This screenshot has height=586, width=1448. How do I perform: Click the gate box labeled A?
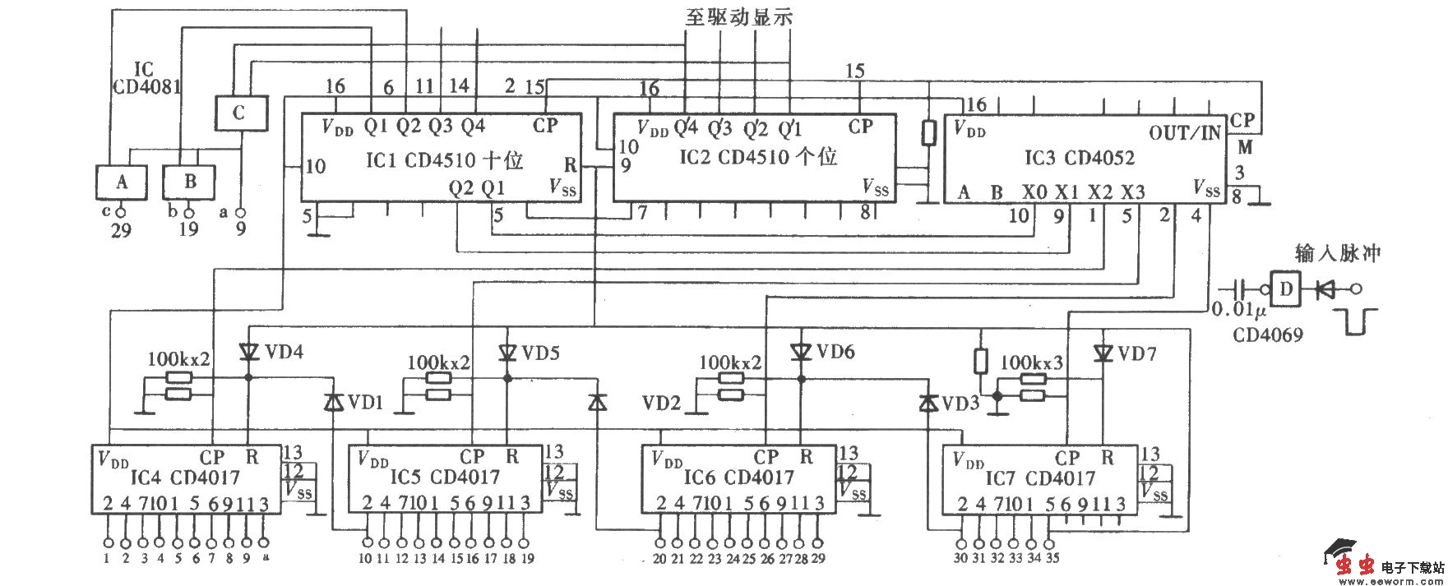(122, 182)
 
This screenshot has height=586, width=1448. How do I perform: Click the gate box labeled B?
(189, 182)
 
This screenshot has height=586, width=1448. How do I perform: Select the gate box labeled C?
(240, 113)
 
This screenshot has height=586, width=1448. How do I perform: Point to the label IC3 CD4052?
(1079, 157)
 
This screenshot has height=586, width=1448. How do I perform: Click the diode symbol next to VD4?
(248, 352)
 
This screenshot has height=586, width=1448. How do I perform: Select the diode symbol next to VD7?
(1102, 353)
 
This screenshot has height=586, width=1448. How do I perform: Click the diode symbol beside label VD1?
(332, 402)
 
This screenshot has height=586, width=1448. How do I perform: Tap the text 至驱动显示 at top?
(738, 16)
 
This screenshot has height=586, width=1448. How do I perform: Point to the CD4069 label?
(1267, 335)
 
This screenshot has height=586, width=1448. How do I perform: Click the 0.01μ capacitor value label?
(1239, 311)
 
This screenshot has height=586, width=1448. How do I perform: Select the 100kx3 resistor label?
(1031, 362)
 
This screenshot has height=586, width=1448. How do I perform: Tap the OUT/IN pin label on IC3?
(1184, 133)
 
